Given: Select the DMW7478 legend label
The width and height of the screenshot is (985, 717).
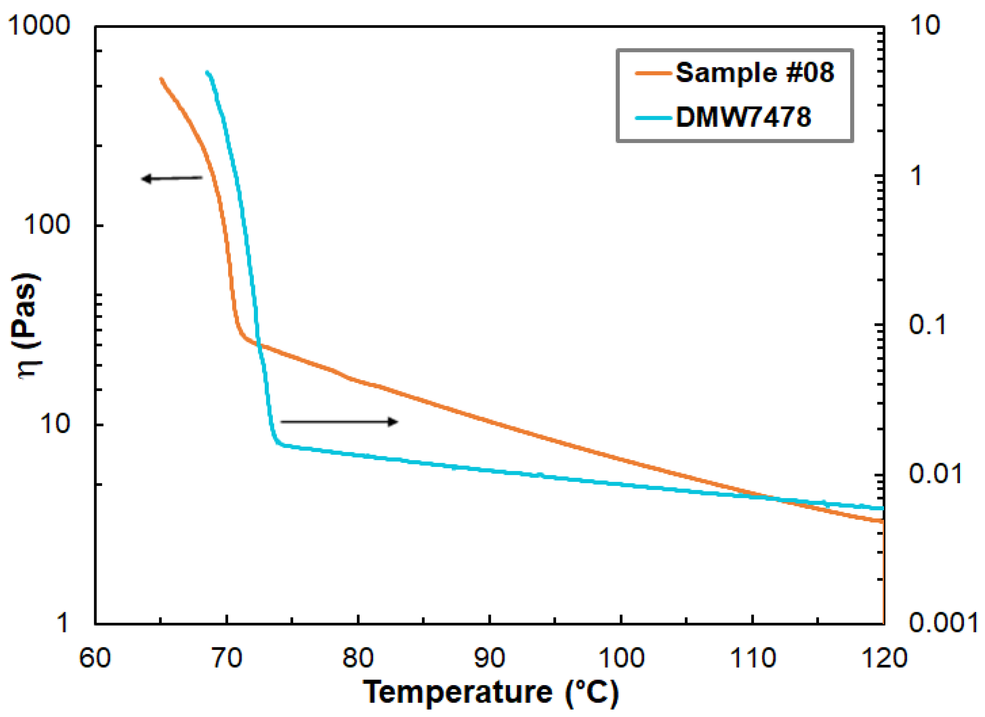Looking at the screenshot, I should click(x=743, y=117).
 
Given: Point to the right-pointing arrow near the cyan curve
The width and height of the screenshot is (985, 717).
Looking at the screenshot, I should click(x=339, y=421).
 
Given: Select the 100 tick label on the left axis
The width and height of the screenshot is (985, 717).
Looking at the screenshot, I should click(x=46, y=225).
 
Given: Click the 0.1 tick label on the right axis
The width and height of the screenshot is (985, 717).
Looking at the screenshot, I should click(x=927, y=324).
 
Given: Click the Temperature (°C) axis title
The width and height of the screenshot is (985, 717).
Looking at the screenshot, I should click(x=491, y=692).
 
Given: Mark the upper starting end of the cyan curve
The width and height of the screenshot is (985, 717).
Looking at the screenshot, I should click(x=207, y=72).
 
